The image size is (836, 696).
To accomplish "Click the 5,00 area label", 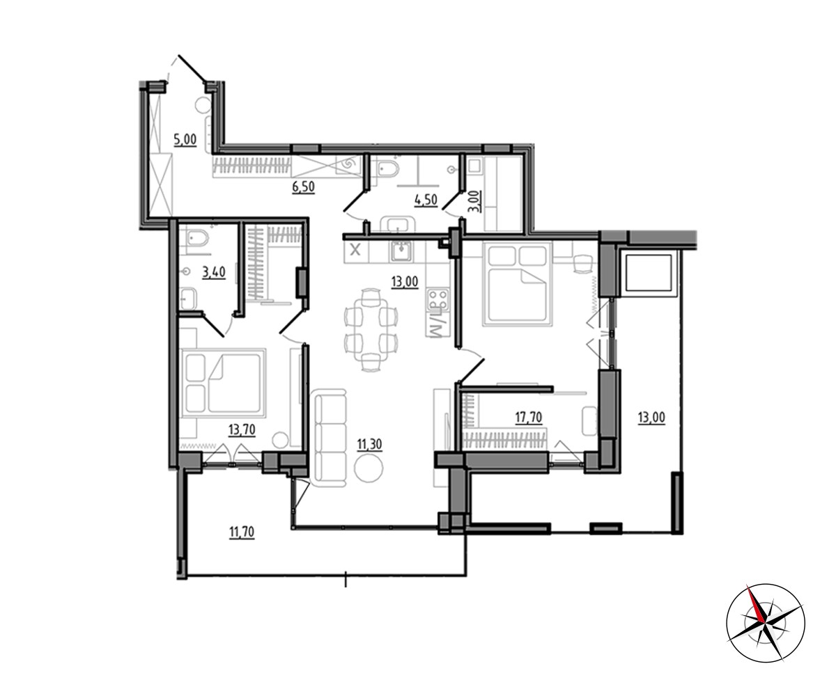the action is pos(185,140).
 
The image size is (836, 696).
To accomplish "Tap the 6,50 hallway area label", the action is pos(304,187).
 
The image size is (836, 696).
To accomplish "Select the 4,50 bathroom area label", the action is pos(426,199).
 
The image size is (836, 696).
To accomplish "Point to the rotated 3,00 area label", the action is pos(478,202).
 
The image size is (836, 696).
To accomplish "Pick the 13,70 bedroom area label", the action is pos(242,430).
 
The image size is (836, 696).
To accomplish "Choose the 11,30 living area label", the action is pos(369,444).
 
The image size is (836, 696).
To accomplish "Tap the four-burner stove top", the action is pos(438,299).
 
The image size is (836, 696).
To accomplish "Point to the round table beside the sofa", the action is pos(369,467).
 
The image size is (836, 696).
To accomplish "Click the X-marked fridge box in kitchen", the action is pos(355,251).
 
